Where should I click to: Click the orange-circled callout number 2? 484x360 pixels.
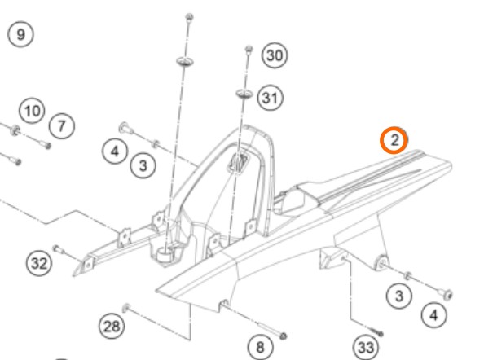pyautogui.click(x=394, y=140)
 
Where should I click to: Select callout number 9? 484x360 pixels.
pyautogui.click(x=20, y=34)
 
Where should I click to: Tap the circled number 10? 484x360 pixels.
pyautogui.click(x=32, y=111)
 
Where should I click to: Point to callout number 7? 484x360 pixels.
pyautogui.click(x=62, y=126)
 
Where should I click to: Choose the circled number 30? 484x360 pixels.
pyautogui.click(x=275, y=55)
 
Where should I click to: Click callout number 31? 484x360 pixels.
pyautogui.click(x=270, y=98)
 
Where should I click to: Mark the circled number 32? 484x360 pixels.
pyautogui.click(x=39, y=263)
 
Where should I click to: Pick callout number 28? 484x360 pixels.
pyautogui.click(x=112, y=326)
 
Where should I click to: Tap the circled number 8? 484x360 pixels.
pyautogui.click(x=260, y=347)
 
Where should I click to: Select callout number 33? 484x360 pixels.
pyautogui.click(x=366, y=348)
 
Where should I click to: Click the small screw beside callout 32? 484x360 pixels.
pyautogui.click(x=59, y=249)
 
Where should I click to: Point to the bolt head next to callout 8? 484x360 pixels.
pyautogui.click(x=283, y=336)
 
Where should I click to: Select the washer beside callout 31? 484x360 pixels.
pyautogui.click(x=244, y=93)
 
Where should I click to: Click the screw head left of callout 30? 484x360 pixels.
pyautogui.click(x=249, y=49)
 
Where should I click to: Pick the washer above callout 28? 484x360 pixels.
pyautogui.click(x=126, y=308)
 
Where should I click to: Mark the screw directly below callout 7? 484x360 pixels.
pyautogui.click(x=46, y=144)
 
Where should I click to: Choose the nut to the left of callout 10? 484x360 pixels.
pyautogui.click(x=15, y=130)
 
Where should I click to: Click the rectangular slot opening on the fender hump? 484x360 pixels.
pyautogui.click(x=238, y=163)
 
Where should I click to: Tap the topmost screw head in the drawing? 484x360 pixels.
pyautogui.click(x=190, y=16)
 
